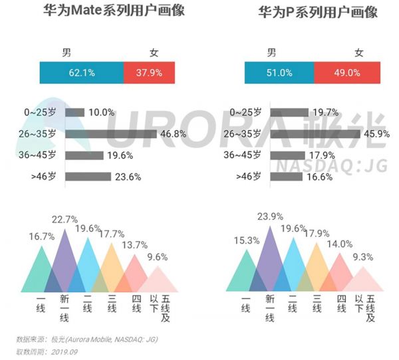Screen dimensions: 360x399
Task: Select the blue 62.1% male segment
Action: point(81,72)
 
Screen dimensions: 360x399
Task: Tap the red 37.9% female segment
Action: point(150,72)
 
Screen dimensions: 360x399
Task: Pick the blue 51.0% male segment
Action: point(279,72)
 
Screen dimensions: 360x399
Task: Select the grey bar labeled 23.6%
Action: point(88,177)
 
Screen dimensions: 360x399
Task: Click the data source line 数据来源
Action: point(86,339)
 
